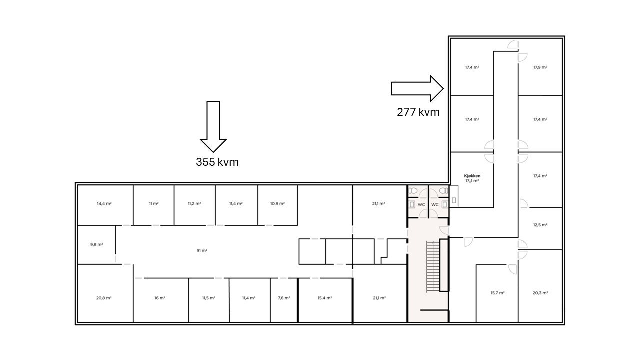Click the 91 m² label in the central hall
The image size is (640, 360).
tap(202, 251)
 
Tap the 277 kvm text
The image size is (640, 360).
tap(418, 112)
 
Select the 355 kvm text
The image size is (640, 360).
tap(217, 162)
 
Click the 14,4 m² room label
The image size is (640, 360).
tap(104, 204)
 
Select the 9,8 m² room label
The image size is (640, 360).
tap(96, 245)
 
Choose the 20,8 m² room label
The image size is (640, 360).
tap(104, 298)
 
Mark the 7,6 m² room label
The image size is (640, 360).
tap(284, 298)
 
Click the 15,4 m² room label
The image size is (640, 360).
tap(325, 298)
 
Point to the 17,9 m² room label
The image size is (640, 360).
tap(540, 67)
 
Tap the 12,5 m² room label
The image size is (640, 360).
tap(540, 225)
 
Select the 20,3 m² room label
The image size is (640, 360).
tap(540, 293)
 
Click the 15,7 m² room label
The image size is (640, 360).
tap(497, 293)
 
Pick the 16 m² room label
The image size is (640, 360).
tap(160, 298)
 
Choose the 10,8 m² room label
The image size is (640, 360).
tap(277, 204)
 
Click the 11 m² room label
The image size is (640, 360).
tap(153, 204)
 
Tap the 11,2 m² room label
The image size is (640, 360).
tap(194, 204)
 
